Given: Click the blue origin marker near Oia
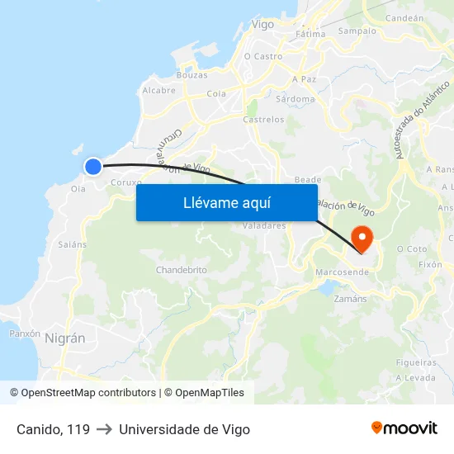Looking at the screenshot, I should (93, 167).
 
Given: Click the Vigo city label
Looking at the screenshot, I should (262, 25).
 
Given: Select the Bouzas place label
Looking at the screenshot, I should (192, 75).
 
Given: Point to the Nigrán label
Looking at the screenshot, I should (65, 338).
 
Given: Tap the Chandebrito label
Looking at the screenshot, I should (181, 270).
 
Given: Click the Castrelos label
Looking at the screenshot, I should (263, 120).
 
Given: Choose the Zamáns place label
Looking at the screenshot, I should (351, 299).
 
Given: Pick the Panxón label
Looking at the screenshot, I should (24, 333).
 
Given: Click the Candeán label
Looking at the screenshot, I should (404, 18).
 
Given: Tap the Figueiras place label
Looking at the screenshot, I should (416, 362).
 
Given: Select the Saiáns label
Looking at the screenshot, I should (73, 244).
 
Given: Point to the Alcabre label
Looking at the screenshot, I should (158, 91).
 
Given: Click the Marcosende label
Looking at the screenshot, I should (342, 272).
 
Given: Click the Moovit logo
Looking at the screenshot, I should (404, 428).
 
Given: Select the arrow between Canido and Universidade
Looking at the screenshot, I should (104, 429).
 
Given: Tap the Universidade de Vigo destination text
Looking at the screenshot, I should (184, 429).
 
